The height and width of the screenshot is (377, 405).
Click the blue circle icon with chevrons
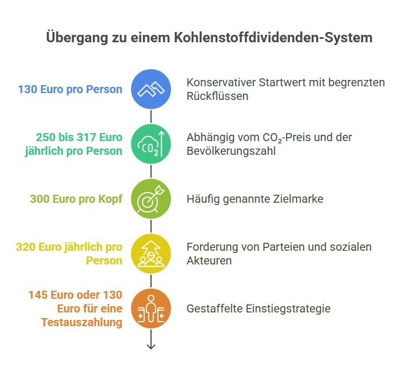pyautogui.click(x=151, y=89)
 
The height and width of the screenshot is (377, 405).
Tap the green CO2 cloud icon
pyautogui.click(x=151, y=144)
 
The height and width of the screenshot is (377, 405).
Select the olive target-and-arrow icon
pyautogui.click(x=151, y=199)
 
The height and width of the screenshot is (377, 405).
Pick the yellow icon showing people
pyautogui.click(x=151, y=254)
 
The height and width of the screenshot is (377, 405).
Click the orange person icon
pyautogui.click(x=151, y=308)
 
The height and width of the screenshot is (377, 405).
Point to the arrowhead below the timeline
pyautogui.click(x=151, y=347)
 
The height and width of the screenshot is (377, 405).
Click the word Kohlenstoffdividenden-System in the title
pyautogui.click(x=273, y=38)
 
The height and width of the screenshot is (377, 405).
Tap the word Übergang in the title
pyautogui.click(x=77, y=38)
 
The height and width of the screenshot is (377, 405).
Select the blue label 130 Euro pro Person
pyautogui.click(x=70, y=89)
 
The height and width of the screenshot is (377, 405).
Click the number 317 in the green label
pyautogui.click(x=88, y=137)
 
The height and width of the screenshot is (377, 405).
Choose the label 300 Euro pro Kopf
pyautogui.click(x=76, y=199)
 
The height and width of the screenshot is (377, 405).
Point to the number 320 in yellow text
pyautogui.click(x=26, y=247)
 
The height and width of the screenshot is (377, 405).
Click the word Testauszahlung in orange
pyautogui.click(x=82, y=322)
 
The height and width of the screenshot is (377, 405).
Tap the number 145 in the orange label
pyautogui.click(x=38, y=295)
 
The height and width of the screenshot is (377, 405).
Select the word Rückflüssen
pyautogui.click(x=217, y=96)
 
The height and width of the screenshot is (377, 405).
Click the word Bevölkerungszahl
pyautogui.click(x=231, y=151)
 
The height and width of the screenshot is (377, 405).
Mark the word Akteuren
pyautogui.click(x=209, y=260)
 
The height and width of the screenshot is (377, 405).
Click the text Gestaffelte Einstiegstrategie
pyautogui.click(x=259, y=308)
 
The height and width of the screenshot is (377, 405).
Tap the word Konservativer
pyautogui.click(x=221, y=82)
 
